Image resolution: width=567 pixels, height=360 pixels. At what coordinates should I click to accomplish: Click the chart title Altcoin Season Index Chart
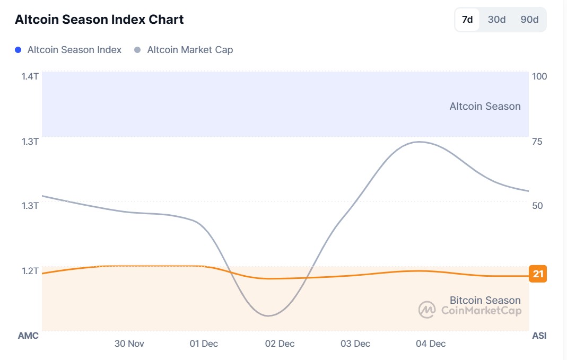[x=99, y=20]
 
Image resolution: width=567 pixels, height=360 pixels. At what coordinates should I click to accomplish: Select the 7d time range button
[x=467, y=20]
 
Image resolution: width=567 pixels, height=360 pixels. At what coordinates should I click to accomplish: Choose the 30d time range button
[x=496, y=20]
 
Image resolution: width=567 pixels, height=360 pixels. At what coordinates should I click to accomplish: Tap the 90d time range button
[x=529, y=20]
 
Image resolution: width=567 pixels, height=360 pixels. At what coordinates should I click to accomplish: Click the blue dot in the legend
[x=18, y=50]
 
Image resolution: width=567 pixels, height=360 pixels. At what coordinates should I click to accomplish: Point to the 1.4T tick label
[x=30, y=76]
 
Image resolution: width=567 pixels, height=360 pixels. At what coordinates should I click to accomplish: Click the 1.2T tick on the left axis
[x=30, y=271]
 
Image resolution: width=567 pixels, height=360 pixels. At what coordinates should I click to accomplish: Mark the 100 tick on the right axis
[x=539, y=76]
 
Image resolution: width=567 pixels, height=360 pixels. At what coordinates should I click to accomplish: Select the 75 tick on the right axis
[x=537, y=142]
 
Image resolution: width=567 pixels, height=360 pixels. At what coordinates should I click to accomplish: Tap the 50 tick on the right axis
[x=537, y=206]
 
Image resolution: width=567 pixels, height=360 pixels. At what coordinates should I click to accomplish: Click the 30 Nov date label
[x=129, y=344]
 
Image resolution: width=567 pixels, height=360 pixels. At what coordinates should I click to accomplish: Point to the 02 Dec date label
[x=280, y=344]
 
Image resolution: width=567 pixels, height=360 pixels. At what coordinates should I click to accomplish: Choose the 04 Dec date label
[x=431, y=344]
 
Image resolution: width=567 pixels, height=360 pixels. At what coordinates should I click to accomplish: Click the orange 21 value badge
[x=538, y=274]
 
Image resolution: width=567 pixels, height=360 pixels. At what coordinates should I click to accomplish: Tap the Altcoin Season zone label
[x=485, y=107]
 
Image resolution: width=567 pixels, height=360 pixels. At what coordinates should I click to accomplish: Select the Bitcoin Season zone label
[x=485, y=301]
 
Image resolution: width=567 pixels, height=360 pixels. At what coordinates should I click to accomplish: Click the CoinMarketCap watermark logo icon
[x=427, y=310]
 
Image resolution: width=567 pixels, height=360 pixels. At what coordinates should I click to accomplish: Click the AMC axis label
[x=28, y=336]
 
